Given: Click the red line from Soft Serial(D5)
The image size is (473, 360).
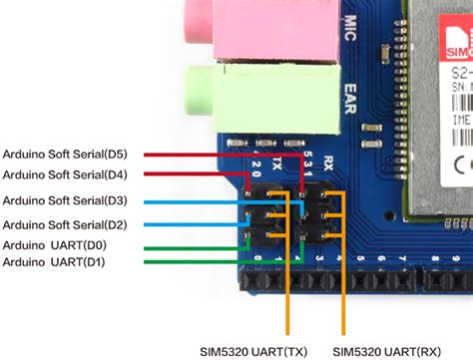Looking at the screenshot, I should [x=200, y=155].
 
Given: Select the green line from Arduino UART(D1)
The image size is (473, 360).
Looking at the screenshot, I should [x=190, y=261].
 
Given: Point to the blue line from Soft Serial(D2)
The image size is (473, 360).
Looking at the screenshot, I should [x=190, y=223].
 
